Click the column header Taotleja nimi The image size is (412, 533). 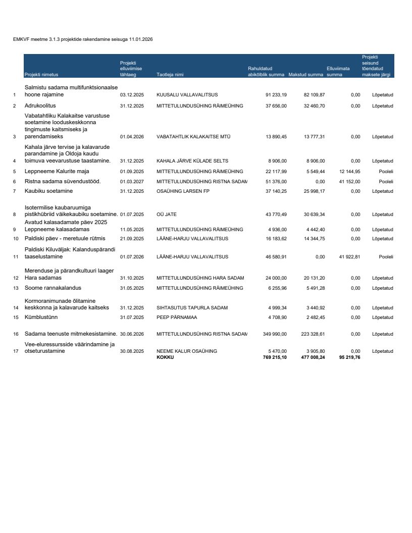pyautogui.click(x=170, y=75)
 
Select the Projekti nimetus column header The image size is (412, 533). pyautogui.click(x=41, y=75)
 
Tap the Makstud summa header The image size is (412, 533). pyautogui.click(x=306, y=75)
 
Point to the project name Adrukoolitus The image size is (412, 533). pyautogui.click(x=40, y=106)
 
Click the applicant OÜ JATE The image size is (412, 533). pyautogui.click(x=167, y=215)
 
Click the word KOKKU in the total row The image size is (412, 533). pyautogui.click(x=165, y=357)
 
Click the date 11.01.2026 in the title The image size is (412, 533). pyautogui.click(x=141, y=39)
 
